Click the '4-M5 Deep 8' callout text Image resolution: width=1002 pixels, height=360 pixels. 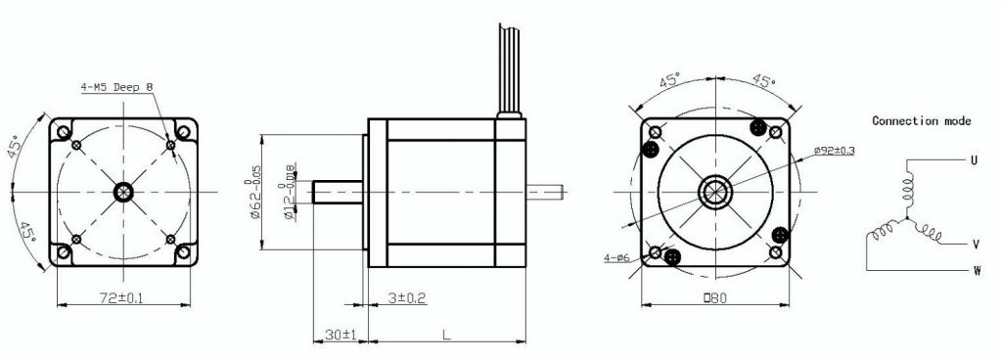tap(117, 87)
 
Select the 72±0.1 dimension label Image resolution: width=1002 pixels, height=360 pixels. tap(115, 297)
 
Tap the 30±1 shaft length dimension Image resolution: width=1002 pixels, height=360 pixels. tap(340, 334)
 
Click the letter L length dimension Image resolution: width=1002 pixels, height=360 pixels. tap(445, 334)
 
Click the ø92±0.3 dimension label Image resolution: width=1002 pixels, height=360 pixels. tap(834, 151)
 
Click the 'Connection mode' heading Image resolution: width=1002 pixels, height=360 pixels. tap(921, 121)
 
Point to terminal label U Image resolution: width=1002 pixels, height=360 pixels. tap(973, 158)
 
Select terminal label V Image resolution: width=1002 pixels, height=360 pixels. tap(976, 244)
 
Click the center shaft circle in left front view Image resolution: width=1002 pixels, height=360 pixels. tap(123, 190)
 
